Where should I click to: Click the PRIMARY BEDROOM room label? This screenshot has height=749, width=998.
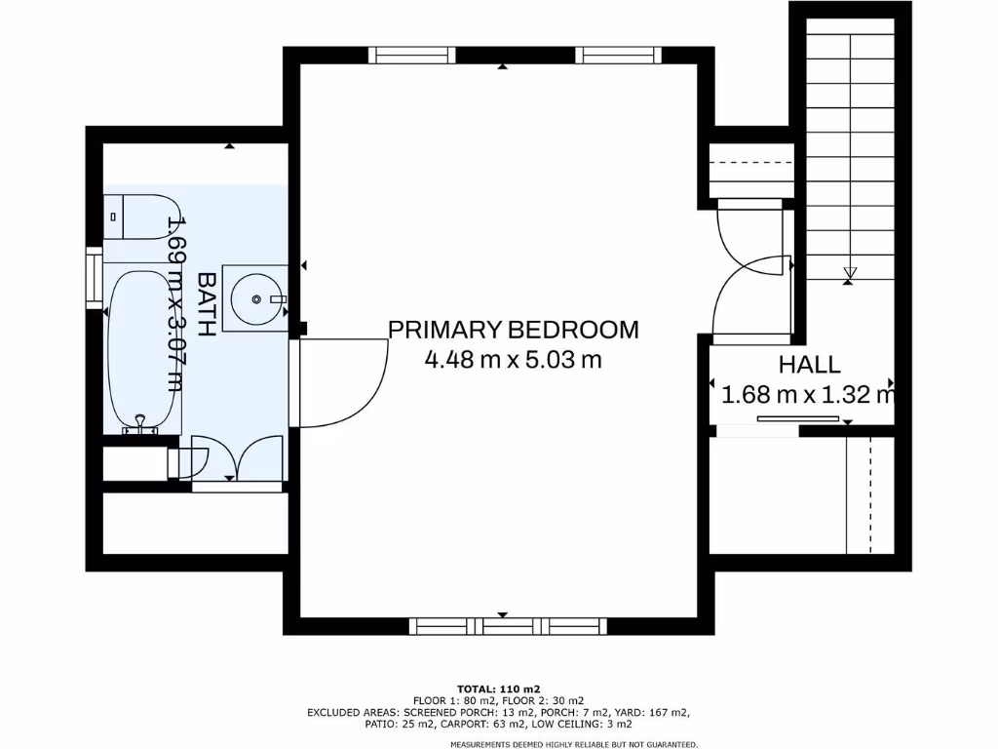514,330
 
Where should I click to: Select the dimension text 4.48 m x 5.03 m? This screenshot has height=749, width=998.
514,360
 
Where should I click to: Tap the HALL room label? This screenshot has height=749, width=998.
809,366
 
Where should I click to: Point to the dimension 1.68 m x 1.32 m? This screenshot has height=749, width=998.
807,396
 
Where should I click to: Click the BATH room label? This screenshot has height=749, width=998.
207,305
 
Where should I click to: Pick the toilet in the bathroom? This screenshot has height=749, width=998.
137,217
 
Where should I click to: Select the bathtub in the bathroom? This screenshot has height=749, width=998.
143,351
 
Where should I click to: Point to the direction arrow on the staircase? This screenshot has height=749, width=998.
849,274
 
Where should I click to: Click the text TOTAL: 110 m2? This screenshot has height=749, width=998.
498,689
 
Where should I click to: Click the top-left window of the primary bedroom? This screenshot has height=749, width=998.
416,55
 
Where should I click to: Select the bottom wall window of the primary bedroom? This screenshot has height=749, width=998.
507,626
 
